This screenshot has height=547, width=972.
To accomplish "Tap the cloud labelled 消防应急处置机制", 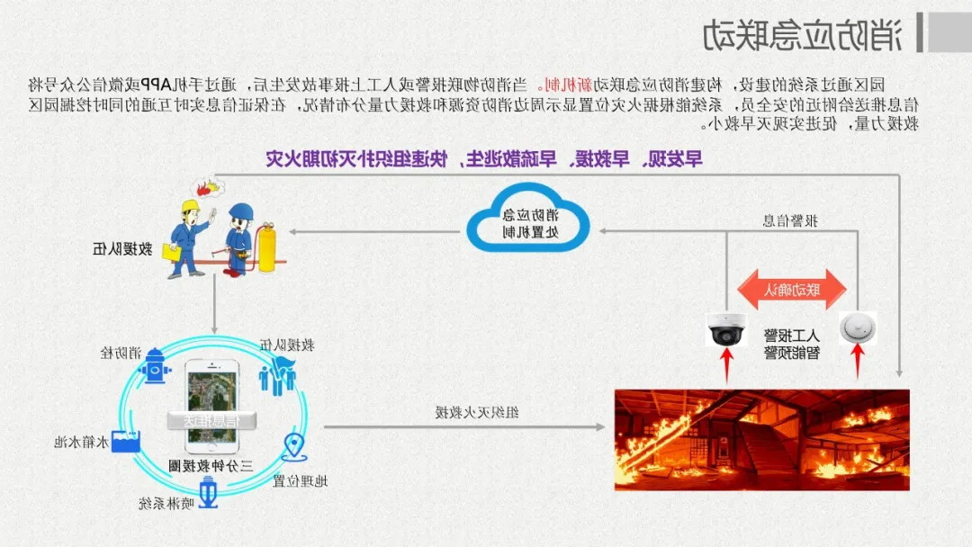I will (x=528, y=222).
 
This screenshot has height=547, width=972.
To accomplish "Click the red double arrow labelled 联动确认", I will (x=792, y=289).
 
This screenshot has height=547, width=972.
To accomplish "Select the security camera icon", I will (x=725, y=328).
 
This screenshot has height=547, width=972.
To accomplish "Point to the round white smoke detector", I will (x=857, y=328).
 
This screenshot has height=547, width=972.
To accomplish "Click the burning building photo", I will (x=761, y=439).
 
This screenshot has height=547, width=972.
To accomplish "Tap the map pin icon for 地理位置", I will (x=295, y=447).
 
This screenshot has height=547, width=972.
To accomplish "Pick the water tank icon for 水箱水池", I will (x=123, y=441).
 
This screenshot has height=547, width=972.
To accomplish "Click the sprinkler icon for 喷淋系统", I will (x=209, y=494).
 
